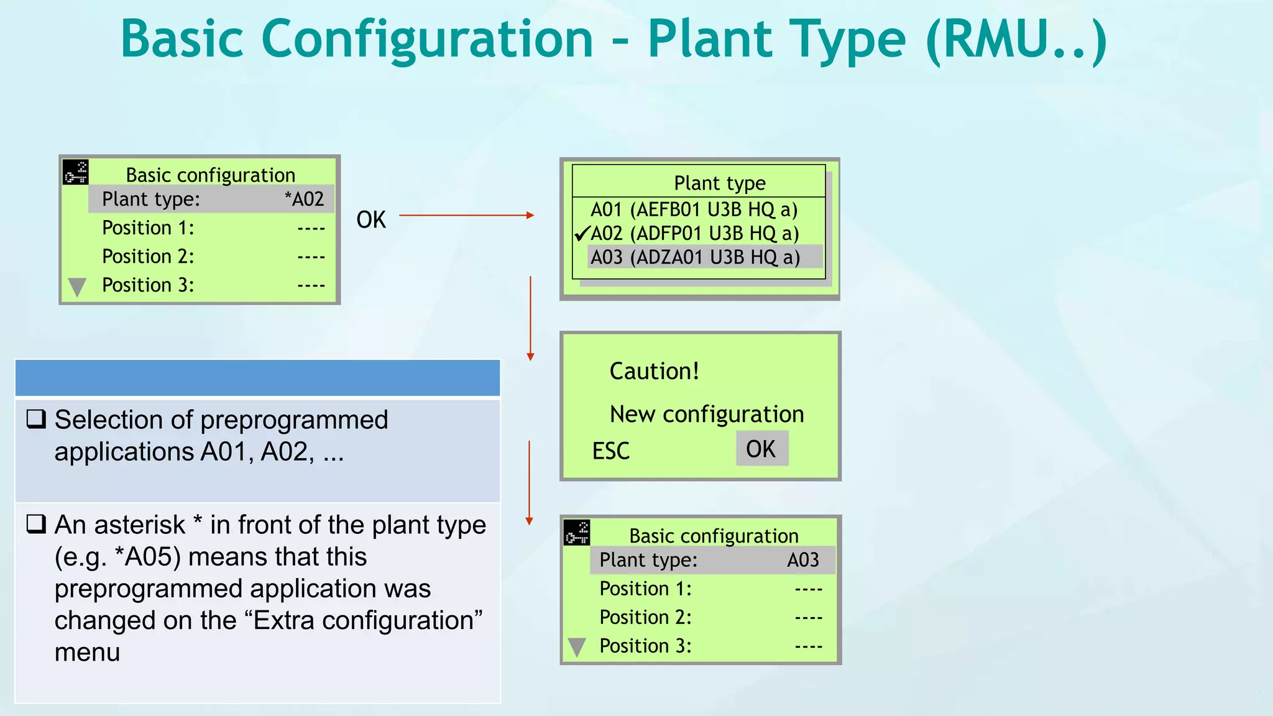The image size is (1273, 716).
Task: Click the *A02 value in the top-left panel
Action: pos(305,200)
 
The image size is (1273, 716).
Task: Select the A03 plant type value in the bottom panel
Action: pos(803,561)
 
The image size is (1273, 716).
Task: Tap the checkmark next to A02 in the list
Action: pos(582,234)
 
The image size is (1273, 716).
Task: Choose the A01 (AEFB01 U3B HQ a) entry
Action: pos(694,210)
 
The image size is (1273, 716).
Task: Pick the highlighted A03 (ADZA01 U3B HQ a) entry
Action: pos(695,257)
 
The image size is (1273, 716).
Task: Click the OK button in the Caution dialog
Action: pos(761,449)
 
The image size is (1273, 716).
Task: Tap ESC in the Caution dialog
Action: pos(610,451)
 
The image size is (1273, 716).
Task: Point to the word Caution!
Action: pos(655,371)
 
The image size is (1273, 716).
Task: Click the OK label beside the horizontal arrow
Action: pos(371,220)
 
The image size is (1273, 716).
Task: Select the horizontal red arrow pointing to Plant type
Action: pos(466,216)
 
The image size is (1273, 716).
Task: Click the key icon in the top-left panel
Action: pos(76,172)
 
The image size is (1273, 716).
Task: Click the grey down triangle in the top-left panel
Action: pos(77,287)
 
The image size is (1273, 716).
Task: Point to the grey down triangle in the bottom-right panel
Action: pos(577,647)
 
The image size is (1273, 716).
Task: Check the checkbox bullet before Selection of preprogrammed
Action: pos(36,420)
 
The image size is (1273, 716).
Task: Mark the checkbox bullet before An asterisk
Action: pos(36,525)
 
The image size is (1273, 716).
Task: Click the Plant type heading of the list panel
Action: pos(719,183)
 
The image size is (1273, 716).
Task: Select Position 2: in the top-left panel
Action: pos(148,257)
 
